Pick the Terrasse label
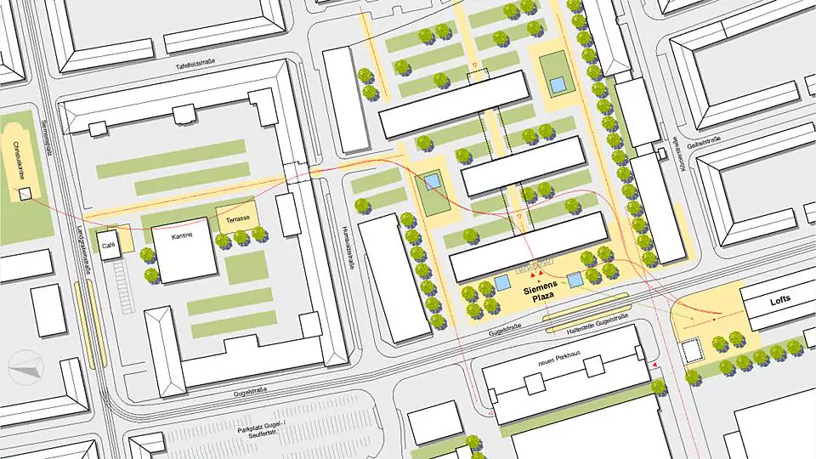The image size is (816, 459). click(x=238, y=219)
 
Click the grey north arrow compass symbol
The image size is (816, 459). click(x=25, y=367)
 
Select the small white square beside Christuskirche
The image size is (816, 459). click(x=25, y=194)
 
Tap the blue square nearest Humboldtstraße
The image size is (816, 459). click(x=432, y=182)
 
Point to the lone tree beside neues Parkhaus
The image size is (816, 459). click(x=658, y=388)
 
